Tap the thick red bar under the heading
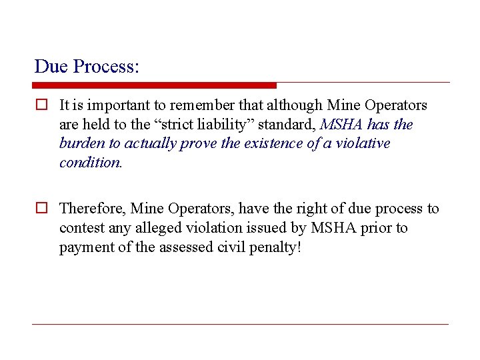tap(154, 85)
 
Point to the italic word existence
tap(268, 144)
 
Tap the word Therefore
tap(92, 209)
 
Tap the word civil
tap(232, 248)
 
